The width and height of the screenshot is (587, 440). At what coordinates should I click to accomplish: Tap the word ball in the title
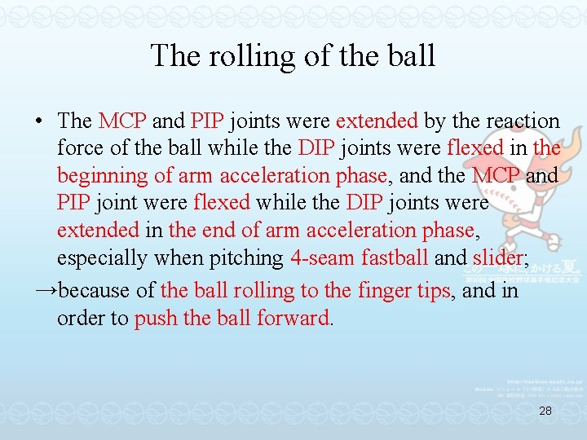pyautogui.click(x=411, y=55)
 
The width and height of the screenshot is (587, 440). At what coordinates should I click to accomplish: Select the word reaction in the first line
pyautogui.click(x=519, y=121)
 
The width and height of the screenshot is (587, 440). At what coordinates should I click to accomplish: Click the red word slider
pyautogui.click(x=498, y=257)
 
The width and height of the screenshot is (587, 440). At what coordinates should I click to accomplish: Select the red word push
pyautogui.click(x=156, y=318)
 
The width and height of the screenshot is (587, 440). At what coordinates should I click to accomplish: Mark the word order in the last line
pyautogui.click(x=80, y=318)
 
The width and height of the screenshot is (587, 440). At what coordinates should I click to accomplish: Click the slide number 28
pyautogui.click(x=545, y=412)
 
